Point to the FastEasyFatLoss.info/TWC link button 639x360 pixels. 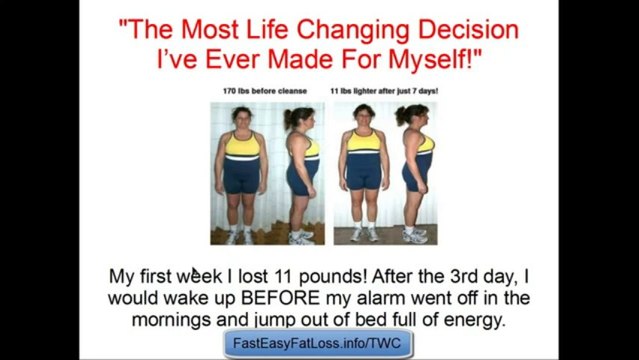click(319, 344)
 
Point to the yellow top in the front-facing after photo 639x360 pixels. click(363, 142)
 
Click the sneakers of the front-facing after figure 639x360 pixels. click(364, 235)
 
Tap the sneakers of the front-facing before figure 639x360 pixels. click(240, 236)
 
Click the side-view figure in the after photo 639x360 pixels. click(416, 170)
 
